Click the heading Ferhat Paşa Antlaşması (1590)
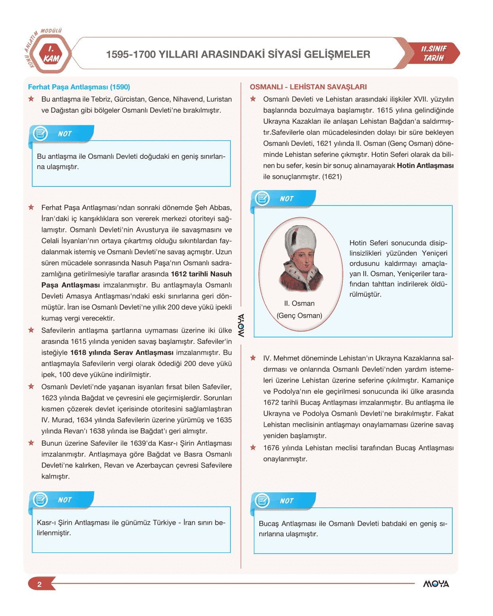79,87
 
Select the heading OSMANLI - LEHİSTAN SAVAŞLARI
308,87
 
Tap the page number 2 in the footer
39,584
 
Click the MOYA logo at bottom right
436,584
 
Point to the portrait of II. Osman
300,259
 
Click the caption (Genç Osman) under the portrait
299,316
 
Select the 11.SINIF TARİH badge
434,53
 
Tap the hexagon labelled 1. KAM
51,54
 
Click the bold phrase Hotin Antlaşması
425,166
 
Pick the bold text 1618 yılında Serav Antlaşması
122,352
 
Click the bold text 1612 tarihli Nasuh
201,274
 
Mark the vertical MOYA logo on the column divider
241,325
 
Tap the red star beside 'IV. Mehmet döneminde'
253,358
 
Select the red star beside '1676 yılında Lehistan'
253,448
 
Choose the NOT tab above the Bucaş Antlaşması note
286,501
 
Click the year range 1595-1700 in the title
130,54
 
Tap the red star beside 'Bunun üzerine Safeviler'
31,443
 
